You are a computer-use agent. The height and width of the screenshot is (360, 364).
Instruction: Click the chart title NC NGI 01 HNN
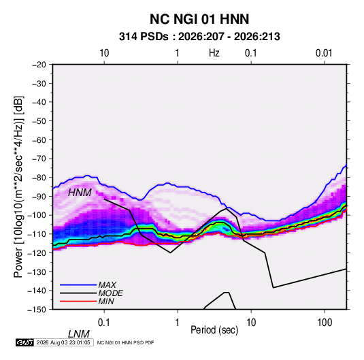(199, 19)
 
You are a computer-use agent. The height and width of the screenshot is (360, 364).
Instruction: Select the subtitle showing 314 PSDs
(199, 37)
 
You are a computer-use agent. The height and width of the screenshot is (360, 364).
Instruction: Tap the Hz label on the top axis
(214, 53)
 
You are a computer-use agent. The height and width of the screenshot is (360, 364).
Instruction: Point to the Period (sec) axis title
(214, 329)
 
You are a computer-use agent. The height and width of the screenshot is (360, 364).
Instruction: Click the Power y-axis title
(18, 186)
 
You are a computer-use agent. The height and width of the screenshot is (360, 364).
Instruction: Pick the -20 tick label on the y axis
(39, 65)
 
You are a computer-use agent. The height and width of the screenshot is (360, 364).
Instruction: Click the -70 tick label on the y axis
(39, 159)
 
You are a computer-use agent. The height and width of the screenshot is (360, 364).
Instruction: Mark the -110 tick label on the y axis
(37, 234)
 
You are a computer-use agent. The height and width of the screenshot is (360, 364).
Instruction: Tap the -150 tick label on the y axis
(37, 310)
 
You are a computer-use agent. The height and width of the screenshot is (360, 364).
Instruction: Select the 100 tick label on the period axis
(325, 323)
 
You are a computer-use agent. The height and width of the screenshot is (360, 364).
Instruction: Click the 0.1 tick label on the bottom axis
(104, 323)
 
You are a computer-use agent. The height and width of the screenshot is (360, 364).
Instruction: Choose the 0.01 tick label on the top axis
(324, 53)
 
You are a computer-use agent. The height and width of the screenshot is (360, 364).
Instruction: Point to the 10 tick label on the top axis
(104, 53)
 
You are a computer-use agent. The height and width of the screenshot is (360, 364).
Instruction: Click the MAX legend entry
(107, 284)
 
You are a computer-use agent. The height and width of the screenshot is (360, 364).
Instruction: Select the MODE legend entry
(110, 293)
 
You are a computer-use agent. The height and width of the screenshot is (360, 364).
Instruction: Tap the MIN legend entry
(106, 301)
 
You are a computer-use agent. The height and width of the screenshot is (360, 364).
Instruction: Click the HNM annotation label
(80, 193)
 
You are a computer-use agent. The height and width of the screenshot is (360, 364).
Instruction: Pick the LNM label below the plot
(79, 334)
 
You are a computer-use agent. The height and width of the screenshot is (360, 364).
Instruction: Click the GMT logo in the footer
(24, 342)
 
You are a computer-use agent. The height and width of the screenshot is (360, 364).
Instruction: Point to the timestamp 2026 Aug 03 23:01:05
(63, 342)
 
